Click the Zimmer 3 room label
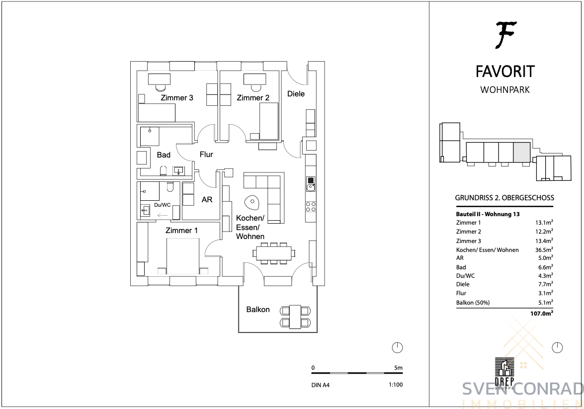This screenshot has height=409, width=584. [177, 98]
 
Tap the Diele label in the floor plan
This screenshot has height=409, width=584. [296, 94]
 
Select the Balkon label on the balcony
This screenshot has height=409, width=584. [258, 310]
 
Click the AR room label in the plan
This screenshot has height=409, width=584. [207, 200]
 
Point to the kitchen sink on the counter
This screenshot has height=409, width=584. [311, 184]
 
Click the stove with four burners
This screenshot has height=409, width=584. [311, 207]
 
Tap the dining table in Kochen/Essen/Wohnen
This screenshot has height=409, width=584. [274, 253]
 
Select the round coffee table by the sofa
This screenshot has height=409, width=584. [251, 202]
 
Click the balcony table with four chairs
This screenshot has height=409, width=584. [295, 317]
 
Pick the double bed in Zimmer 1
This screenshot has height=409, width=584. [183, 256]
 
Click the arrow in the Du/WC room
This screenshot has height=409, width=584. [163, 215]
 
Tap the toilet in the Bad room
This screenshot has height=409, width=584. [163, 170]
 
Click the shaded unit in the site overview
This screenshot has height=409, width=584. [522, 153]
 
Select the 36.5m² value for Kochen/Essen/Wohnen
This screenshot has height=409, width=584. [544, 250]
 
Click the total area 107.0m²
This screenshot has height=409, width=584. [542, 314]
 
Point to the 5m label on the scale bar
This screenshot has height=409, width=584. [398, 368]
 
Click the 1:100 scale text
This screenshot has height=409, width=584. [395, 385]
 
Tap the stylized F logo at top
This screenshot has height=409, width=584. [505, 35]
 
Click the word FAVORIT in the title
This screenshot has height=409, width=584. [505, 72]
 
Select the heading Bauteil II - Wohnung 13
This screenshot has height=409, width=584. [488, 214]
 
